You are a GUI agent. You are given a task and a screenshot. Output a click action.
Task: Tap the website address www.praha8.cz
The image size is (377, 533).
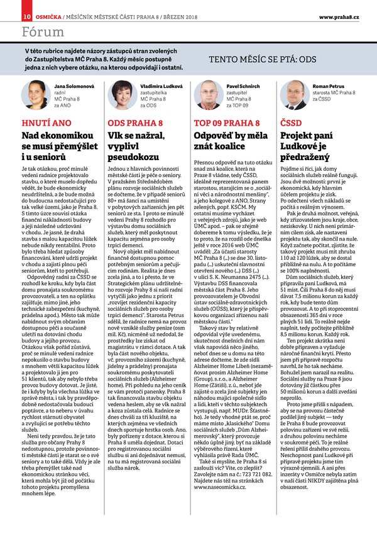[x=339, y=16]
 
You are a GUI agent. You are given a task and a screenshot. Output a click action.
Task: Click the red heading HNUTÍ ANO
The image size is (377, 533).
[x=46, y=122]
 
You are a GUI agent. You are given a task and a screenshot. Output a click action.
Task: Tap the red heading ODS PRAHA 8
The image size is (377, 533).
[x=135, y=122]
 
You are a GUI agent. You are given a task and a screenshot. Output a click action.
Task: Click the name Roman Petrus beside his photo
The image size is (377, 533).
[x=329, y=85]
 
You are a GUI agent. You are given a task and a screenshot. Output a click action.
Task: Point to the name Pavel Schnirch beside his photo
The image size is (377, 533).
[x=243, y=85]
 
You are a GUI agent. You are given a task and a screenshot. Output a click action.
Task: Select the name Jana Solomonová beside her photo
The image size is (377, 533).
[x=75, y=85]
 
